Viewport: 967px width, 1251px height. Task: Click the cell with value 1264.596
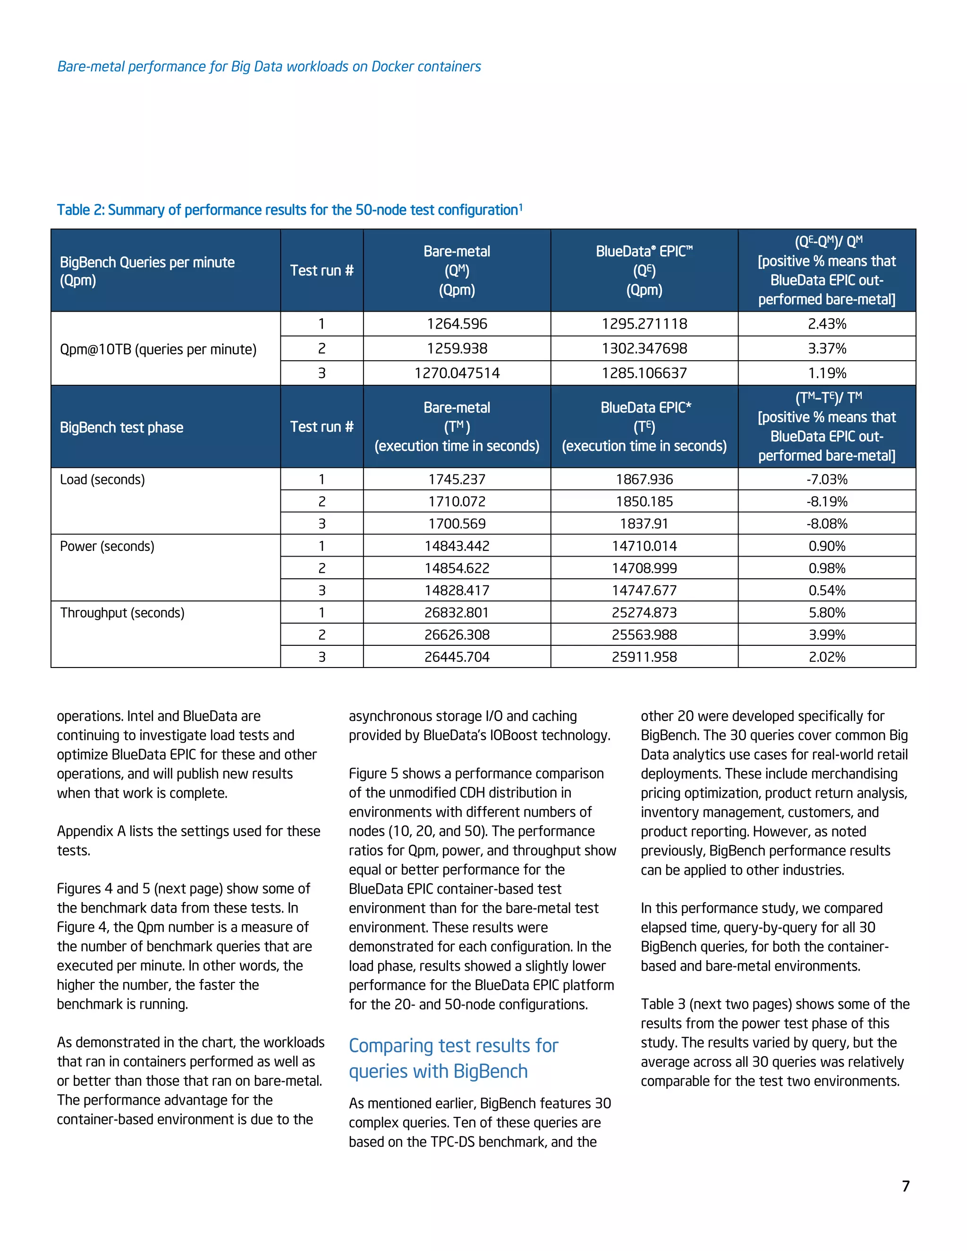(x=457, y=324)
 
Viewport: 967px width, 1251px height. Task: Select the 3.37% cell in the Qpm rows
(x=827, y=348)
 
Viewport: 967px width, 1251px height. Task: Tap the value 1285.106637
(x=644, y=373)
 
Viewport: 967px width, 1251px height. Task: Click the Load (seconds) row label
(x=102, y=480)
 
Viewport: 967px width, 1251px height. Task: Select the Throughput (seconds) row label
(x=122, y=612)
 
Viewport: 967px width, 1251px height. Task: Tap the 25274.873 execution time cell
(x=644, y=612)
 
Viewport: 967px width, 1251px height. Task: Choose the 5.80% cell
(x=827, y=612)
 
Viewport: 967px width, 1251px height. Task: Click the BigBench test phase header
(x=121, y=427)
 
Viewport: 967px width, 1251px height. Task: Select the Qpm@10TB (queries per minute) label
(x=158, y=349)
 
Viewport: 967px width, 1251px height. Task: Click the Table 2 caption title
(x=289, y=210)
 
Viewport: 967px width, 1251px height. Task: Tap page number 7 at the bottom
(x=905, y=1186)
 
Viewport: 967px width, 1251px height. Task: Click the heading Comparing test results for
(x=453, y=1045)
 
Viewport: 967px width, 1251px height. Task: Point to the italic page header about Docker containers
(x=269, y=67)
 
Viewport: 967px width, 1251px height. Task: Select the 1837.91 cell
(x=644, y=524)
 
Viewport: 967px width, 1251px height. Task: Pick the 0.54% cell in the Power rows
(x=827, y=590)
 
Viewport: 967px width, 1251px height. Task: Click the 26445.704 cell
(x=457, y=657)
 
